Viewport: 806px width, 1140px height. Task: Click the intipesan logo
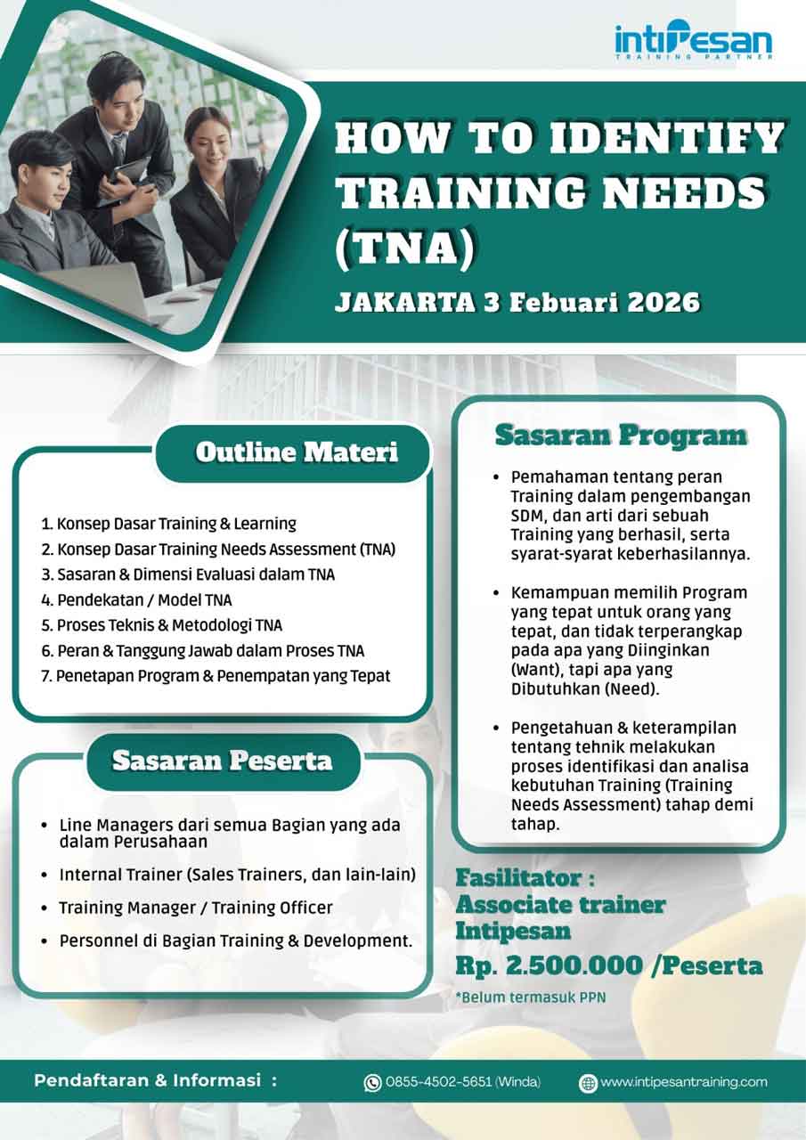pyautogui.click(x=693, y=40)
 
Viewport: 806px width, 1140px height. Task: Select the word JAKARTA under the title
pyautogui.click(x=405, y=302)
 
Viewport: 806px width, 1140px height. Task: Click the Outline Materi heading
pyautogui.click(x=297, y=452)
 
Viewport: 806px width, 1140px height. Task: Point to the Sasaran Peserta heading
pyautogui.click(x=222, y=761)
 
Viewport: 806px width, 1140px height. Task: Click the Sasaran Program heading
pyautogui.click(x=621, y=436)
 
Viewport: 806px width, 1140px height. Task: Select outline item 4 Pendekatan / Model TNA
pyautogui.click(x=136, y=600)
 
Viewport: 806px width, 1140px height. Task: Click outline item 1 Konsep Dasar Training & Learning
pyautogui.click(x=169, y=524)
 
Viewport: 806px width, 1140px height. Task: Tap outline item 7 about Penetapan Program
pyautogui.click(x=216, y=676)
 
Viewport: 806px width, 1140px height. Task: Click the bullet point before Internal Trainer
pyautogui.click(x=45, y=875)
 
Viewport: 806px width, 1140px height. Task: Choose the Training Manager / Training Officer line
pyautogui.click(x=196, y=908)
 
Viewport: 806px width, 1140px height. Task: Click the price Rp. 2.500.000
pyautogui.click(x=549, y=966)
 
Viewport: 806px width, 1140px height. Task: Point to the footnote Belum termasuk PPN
pyautogui.click(x=531, y=997)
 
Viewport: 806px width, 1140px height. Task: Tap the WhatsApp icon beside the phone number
pyautogui.click(x=372, y=1082)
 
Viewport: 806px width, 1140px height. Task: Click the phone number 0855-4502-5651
pyautogui.click(x=438, y=1081)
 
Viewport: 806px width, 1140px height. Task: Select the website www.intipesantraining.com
pyautogui.click(x=684, y=1081)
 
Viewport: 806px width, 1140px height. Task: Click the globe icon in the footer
pyautogui.click(x=588, y=1083)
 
